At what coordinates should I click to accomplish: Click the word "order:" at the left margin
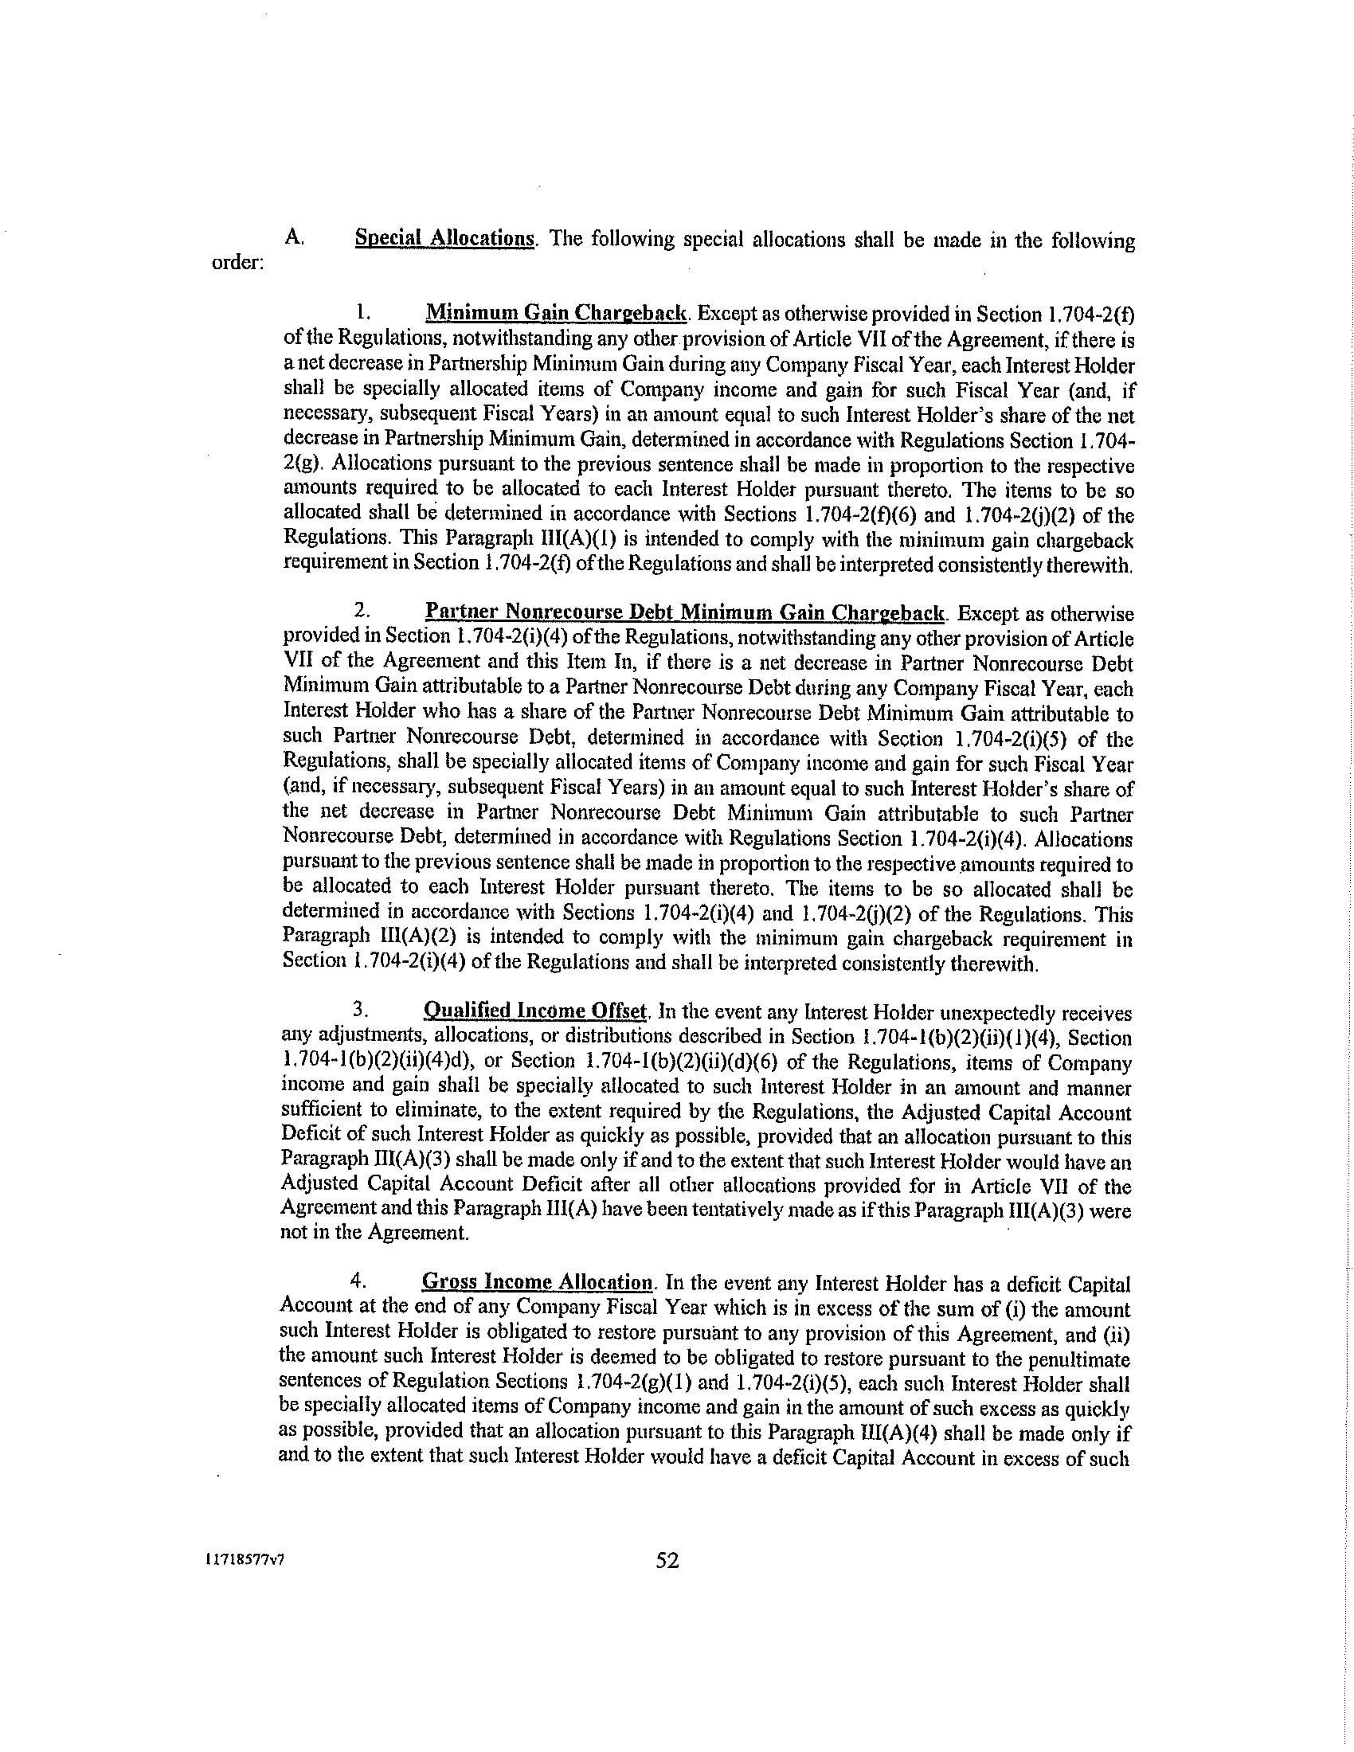pyautogui.click(x=237, y=263)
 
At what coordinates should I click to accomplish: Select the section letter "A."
pyautogui.click(x=294, y=237)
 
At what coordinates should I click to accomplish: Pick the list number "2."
pyautogui.click(x=362, y=612)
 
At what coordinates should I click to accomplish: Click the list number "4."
pyautogui.click(x=358, y=1282)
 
